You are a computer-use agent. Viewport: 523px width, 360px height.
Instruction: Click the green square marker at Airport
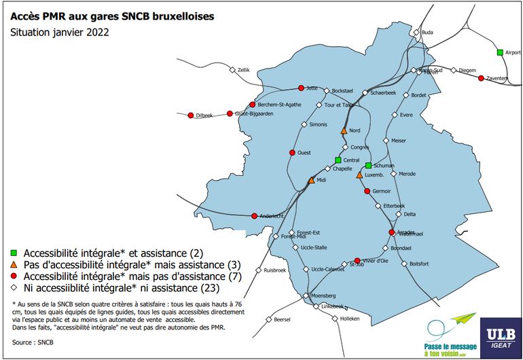(x=499, y=52)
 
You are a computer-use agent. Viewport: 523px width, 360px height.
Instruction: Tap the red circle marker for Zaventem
(x=481, y=78)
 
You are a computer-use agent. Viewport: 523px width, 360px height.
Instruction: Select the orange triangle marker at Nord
(x=344, y=130)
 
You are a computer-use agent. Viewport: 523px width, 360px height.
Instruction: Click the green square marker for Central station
(x=338, y=160)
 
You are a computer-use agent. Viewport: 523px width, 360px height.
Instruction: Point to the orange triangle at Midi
(x=311, y=180)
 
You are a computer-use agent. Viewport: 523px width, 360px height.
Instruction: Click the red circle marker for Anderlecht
(x=254, y=216)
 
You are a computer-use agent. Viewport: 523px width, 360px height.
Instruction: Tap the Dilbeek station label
(x=204, y=116)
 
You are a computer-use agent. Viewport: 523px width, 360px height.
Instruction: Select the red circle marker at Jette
(x=302, y=88)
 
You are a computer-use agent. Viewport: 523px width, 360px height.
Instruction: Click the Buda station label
(x=427, y=32)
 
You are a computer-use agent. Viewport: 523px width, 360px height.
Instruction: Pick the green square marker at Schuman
(x=368, y=165)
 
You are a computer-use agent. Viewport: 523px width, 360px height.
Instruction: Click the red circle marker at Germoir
(x=367, y=192)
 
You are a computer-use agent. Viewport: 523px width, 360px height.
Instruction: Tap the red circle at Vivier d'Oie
(x=357, y=261)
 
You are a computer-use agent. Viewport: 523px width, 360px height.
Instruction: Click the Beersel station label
(x=282, y=319)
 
